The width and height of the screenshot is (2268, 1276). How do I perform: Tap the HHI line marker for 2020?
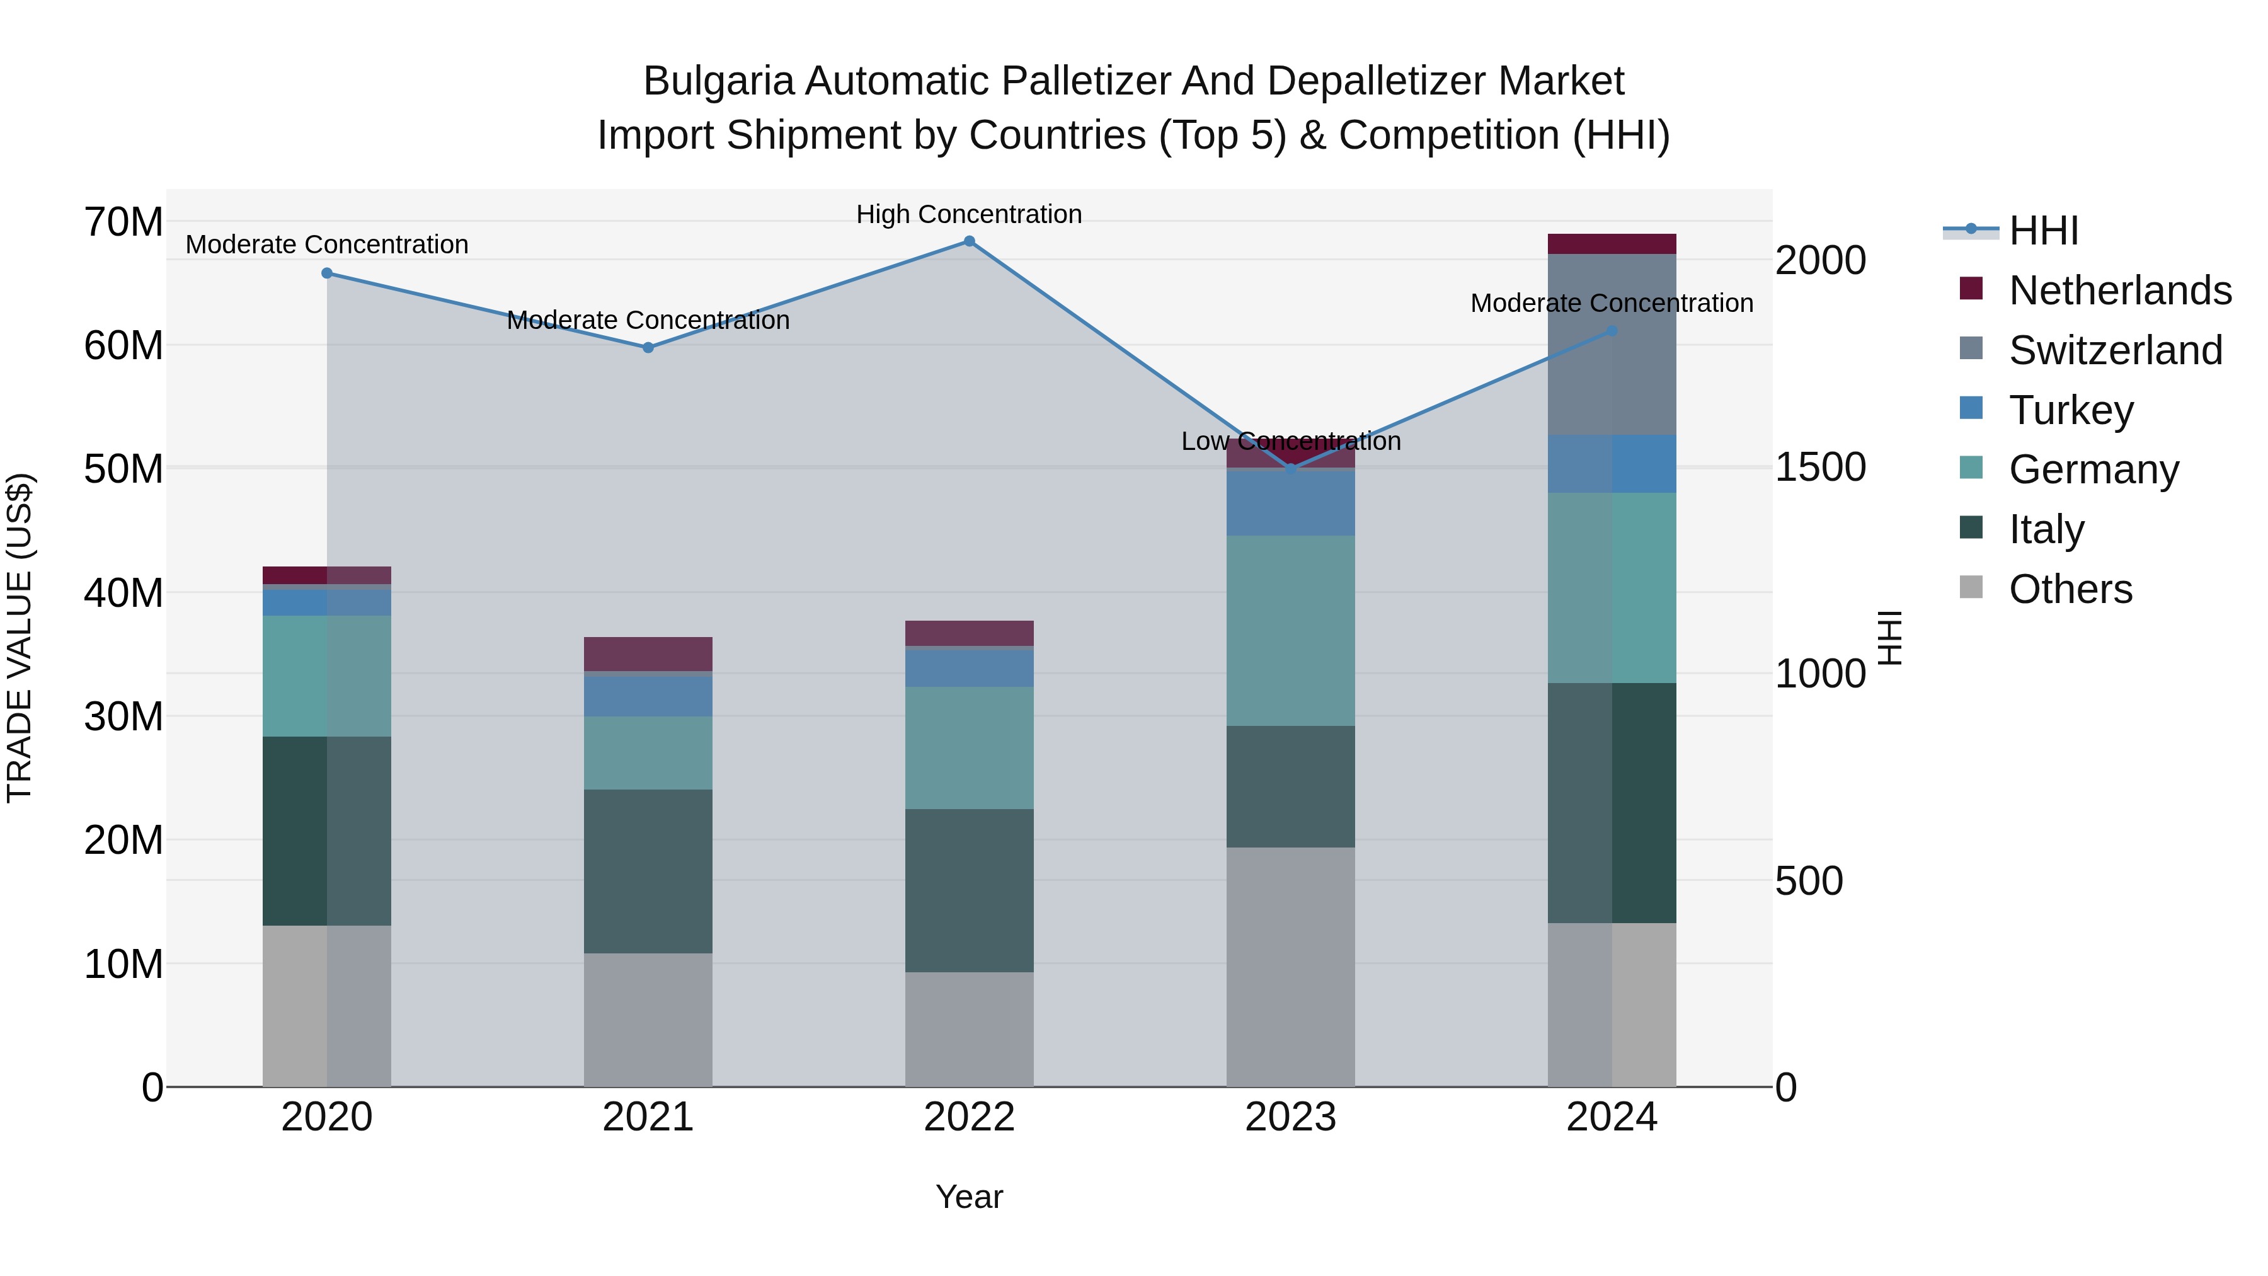click(x=326, y=273)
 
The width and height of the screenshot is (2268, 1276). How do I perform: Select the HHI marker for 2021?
click(x=648, y=348)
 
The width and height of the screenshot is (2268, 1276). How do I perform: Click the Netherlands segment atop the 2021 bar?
click(x=648, y=653)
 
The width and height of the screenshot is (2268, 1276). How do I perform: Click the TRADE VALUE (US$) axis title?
click(x=20, y=638)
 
